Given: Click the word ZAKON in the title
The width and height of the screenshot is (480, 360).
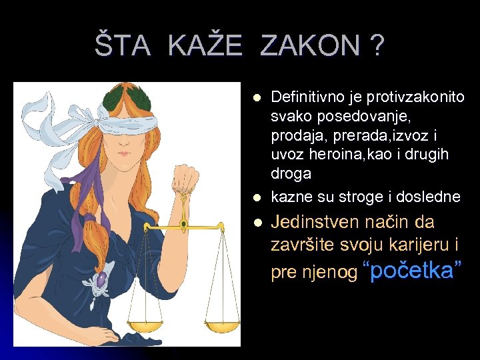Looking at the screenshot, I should pos(309,47).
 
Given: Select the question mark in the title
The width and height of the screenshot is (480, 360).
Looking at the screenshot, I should pos(377,47).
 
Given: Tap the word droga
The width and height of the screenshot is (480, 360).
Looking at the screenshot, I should pos(291,174).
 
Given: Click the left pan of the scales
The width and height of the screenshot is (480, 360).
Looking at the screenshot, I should pos(145,326).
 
